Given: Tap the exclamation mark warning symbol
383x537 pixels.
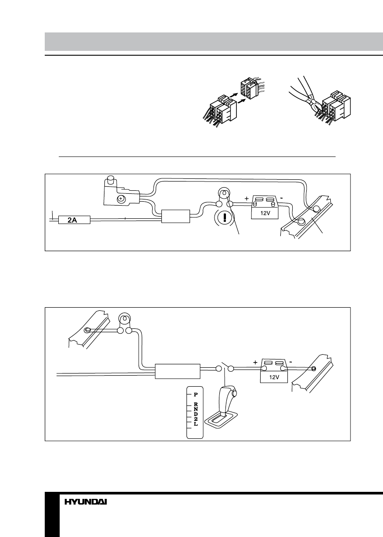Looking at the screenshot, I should point(225,218).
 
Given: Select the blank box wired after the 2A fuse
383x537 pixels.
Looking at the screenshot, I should point(175,217).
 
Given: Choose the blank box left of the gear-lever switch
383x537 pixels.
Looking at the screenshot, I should point(178,371).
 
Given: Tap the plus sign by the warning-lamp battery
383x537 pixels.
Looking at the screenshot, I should point(247,199).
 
